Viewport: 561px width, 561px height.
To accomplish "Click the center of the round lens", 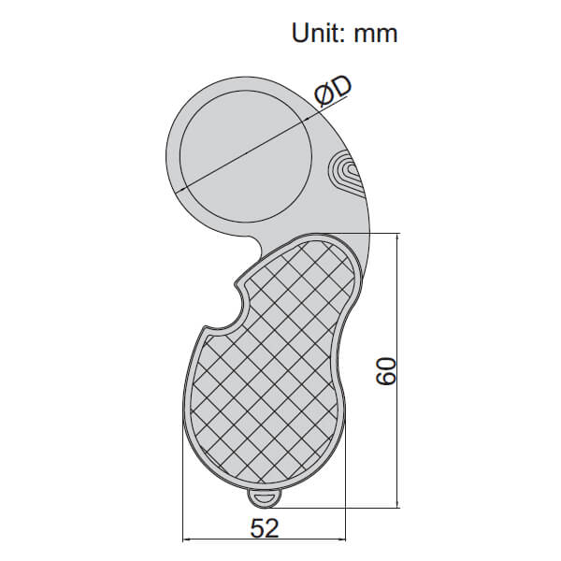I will pyautogui.click(x=246, y=151).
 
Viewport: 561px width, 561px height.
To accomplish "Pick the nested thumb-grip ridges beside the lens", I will pyautogui.click(x=343, y=173).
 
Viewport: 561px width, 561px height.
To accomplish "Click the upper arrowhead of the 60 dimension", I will pyautogui.click(x=399, y=239).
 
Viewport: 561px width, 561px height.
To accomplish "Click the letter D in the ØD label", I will pyautogui.click(x=341, y=87).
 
